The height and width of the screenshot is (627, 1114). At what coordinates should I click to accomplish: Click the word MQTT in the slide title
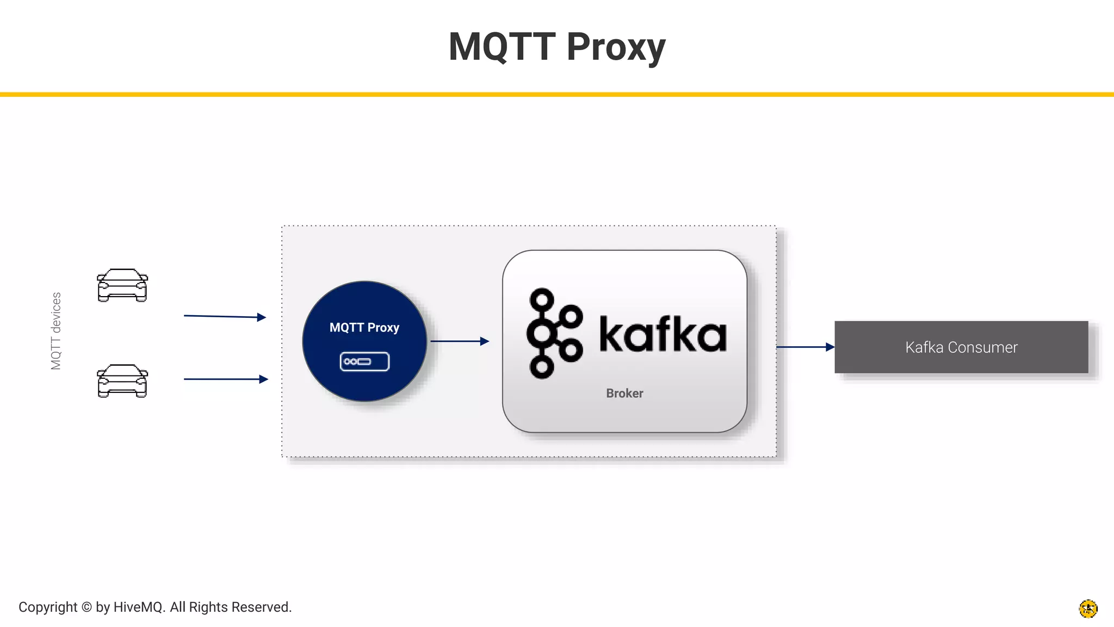coord(502,47)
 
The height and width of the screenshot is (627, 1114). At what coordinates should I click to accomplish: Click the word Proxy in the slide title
coord(616,48)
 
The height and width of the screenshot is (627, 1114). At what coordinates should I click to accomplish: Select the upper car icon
coord(122,285)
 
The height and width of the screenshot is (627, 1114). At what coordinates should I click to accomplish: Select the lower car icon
coord(122,381)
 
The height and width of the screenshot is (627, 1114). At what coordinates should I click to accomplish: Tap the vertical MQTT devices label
coord(56,331)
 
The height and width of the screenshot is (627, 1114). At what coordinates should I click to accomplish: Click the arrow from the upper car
coord(225,316)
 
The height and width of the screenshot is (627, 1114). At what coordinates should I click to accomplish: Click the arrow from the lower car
coord(226,379)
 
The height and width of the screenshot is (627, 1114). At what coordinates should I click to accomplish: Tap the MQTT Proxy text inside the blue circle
coord(364,328)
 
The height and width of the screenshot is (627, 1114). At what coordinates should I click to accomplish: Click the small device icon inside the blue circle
coord(364,361)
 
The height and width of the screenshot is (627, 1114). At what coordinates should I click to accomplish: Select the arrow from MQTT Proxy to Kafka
coord(460,341)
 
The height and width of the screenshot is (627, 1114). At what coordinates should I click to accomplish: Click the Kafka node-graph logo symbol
coord(554,333)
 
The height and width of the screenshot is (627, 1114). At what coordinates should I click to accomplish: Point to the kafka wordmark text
coord(663,334)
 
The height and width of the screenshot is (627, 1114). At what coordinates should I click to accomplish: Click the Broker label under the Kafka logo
coord(624,394)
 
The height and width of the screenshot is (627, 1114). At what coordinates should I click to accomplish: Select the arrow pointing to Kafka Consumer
coord(805,347)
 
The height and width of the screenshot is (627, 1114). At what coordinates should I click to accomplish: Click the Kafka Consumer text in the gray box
coord(961,347)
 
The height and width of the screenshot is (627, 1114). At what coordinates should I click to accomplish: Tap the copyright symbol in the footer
coord(86,607)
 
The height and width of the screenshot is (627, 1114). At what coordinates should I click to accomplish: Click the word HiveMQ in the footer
coord(139,607)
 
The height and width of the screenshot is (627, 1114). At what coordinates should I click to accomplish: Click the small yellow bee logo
coord(1088,608)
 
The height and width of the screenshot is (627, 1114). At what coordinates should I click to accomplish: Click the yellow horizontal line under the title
coord(557,95)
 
